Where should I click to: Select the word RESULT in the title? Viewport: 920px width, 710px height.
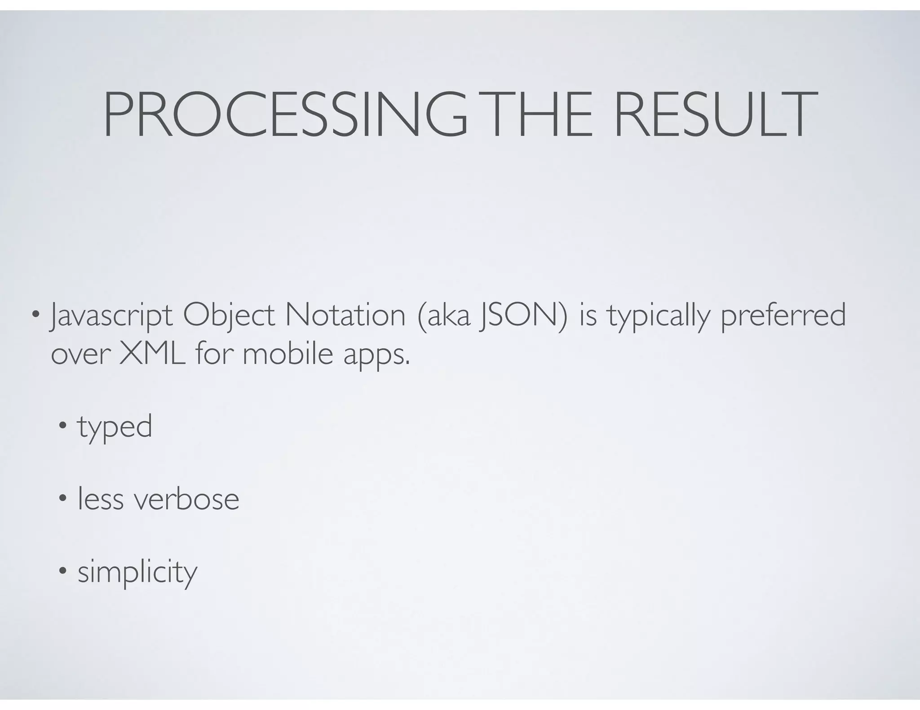click(714, 114)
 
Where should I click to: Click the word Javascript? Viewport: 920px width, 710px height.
click(111, 316)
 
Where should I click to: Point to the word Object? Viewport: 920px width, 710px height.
click(229, 316)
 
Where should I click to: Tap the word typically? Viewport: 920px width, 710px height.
click(658, 316)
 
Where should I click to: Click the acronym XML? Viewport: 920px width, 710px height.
click(152, 354)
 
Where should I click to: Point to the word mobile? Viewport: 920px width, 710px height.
click(287, 354)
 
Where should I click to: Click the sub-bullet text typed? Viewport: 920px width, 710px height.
click(115, 427)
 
